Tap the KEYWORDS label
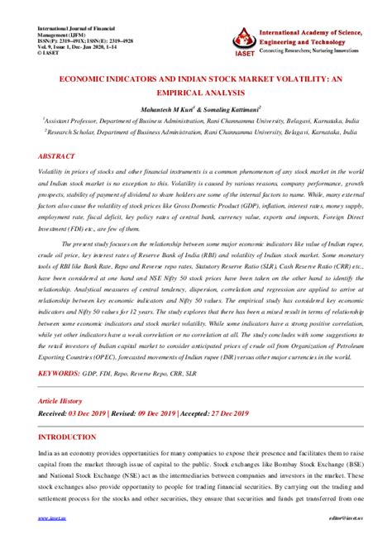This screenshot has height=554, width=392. tap(63, 374)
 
